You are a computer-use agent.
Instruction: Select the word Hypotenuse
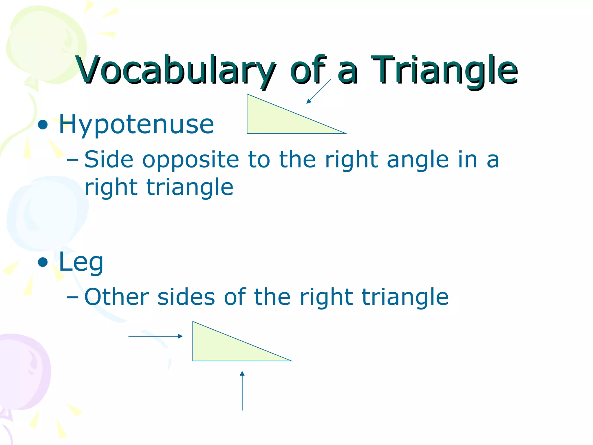(x=136, y=125)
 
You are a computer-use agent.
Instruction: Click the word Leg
(x=81, y=262)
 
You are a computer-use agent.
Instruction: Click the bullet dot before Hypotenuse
(x=43, y=125)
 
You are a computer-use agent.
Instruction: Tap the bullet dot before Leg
(x=43, y=262)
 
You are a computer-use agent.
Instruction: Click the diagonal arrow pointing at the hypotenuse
(x=319, y=91)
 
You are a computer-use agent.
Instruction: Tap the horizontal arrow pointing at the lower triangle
(x=155, y=336)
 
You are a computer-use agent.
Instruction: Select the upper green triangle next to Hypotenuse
(x=275, y=120)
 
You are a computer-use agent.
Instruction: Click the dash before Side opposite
(x=72, y=160)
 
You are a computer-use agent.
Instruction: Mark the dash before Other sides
(x=72, y=297)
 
